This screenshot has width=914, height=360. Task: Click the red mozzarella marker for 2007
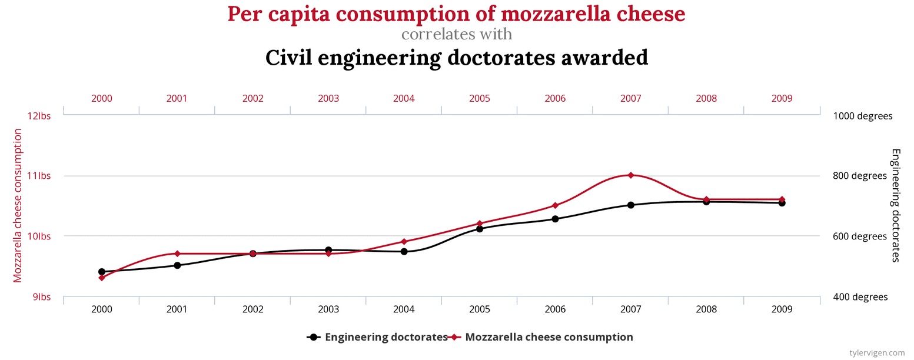point(630,175)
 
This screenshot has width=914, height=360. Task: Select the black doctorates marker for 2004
point(404,251)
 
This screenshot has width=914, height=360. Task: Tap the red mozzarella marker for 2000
point(102,278)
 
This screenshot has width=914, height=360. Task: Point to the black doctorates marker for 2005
point(480,229)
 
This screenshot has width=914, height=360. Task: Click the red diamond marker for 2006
point(555,205)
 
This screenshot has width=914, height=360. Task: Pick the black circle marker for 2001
point(177,265)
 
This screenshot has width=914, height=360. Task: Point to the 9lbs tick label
point(41,297)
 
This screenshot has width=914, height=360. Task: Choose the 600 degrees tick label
point(860,236)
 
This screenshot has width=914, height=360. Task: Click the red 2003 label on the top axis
point(328,98)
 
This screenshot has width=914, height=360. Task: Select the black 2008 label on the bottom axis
point(706,309)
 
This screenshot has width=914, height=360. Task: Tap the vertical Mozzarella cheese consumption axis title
point(18,206)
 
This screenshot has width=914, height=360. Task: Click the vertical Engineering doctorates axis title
point(895,205)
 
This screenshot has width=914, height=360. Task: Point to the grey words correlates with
point(457,34)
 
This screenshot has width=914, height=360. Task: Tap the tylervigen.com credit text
point(878,352)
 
